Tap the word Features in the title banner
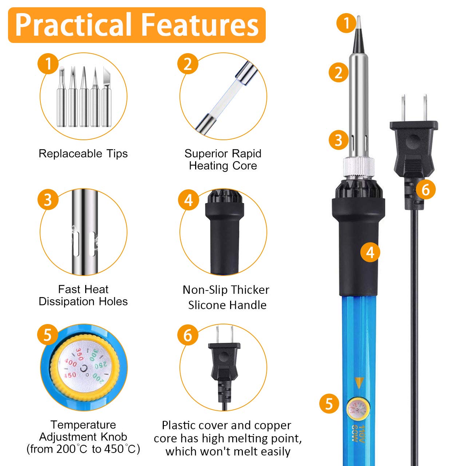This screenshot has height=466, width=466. coord(200,25)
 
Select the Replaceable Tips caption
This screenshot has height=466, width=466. coord(83,153)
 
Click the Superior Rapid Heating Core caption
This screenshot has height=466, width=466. coord(223,159)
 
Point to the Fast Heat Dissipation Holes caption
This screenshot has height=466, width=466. coord(83,295)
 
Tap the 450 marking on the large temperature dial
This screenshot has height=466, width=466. coord(70,375)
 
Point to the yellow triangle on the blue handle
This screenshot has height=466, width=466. coord(359,383)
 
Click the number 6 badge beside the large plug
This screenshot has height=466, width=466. coord(425,189)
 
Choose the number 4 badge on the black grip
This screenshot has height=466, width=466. coord(370,252)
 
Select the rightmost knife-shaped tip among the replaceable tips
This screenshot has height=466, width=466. coord(106,96)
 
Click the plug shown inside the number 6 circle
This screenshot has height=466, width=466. coord(224,364)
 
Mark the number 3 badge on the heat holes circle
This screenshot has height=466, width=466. coord(48,200)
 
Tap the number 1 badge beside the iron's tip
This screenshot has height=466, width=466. coord(346,23)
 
